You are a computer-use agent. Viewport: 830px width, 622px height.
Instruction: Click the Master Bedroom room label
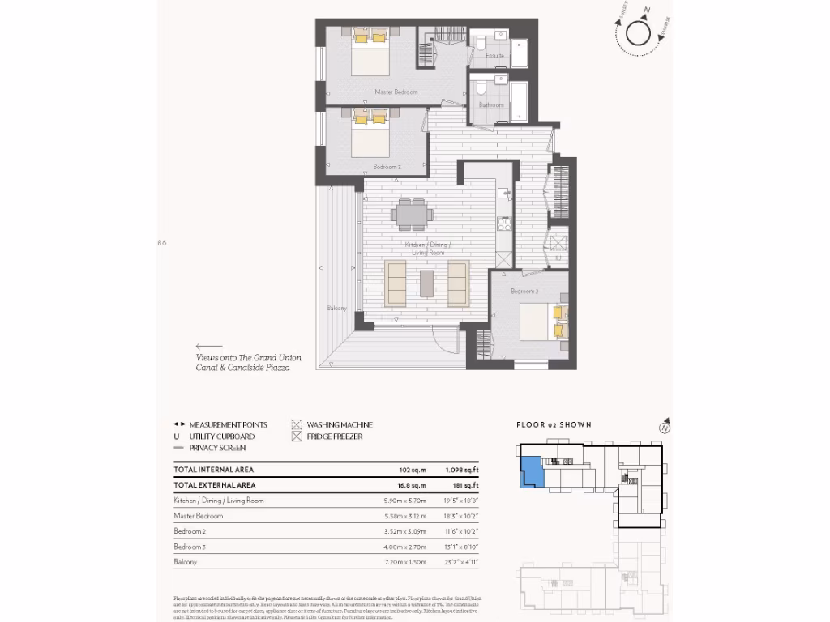(396, 92)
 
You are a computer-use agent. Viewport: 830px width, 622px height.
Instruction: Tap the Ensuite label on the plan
(494, 56)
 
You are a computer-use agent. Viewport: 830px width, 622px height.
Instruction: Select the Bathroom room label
(491, 105)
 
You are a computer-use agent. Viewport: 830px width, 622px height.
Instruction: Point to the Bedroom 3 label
(387, 167)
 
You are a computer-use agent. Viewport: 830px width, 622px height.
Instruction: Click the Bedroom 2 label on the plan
(524, 291)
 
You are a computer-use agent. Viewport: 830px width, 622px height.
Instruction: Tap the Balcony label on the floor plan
(337, 308)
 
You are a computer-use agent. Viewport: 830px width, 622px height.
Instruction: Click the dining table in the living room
(412, 214)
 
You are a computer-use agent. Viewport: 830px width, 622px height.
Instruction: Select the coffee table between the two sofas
(427, 283)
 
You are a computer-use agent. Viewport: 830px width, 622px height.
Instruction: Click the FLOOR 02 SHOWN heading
(554, 425)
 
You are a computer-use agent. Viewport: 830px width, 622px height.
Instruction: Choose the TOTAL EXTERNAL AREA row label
(216, 485)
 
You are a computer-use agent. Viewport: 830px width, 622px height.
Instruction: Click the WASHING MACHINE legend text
(340, 425)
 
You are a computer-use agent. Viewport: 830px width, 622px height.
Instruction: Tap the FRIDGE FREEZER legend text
(334, 437)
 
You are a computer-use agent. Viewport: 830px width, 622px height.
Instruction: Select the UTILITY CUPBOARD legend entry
(221, 437)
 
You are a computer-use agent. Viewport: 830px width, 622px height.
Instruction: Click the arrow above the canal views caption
(208, 346)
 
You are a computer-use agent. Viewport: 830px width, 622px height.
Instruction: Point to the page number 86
(162, 242)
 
